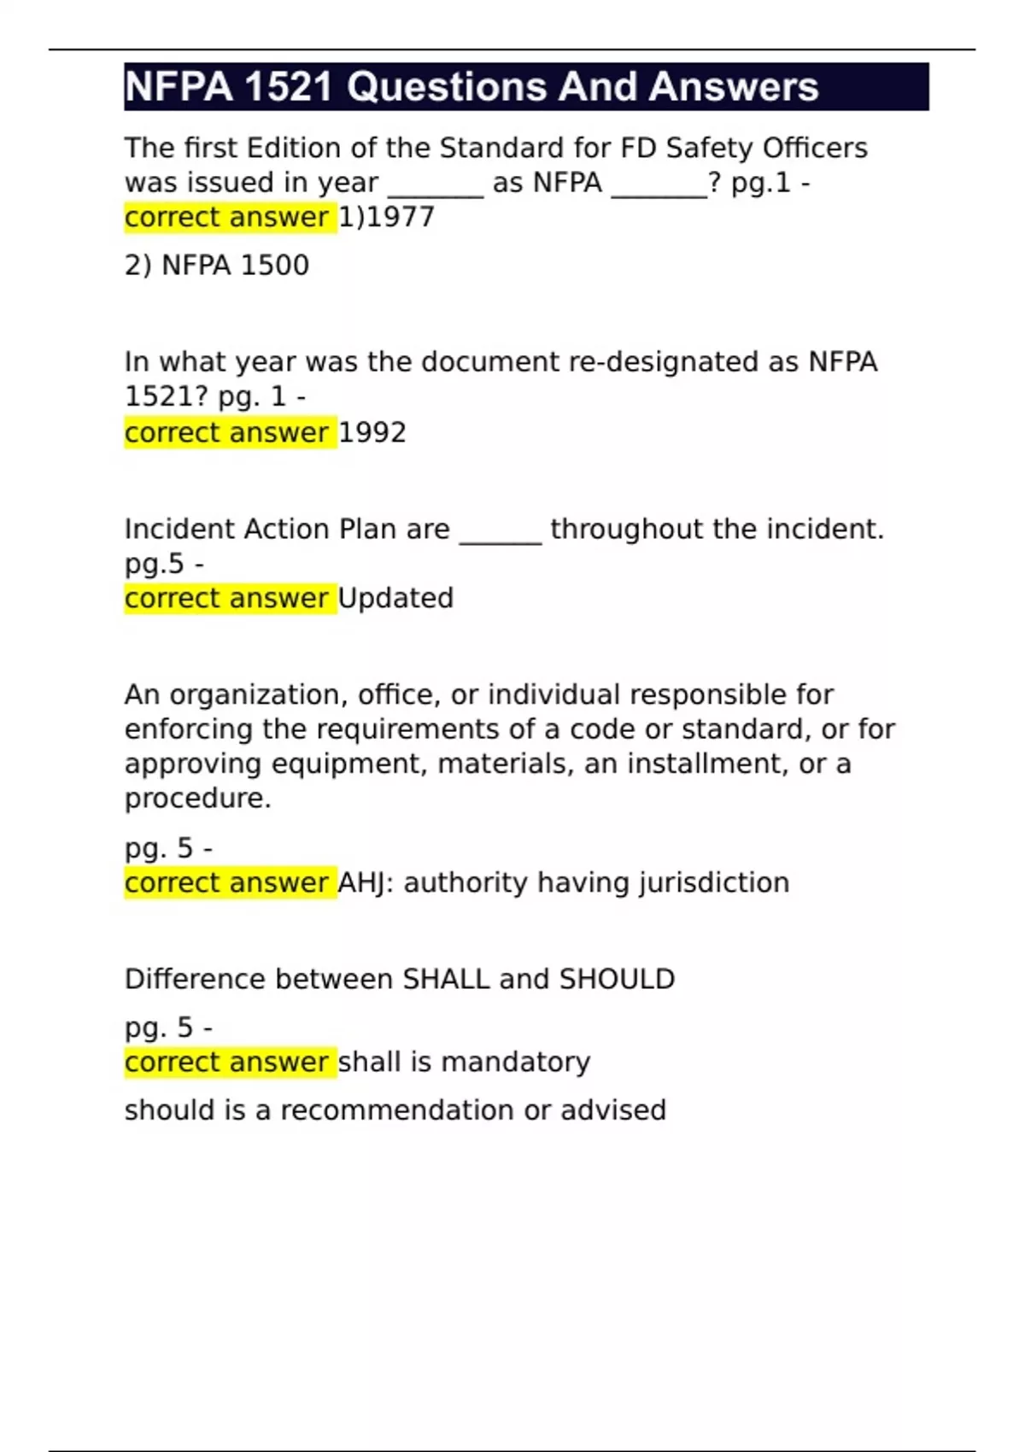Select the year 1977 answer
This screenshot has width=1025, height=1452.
pyautogui.click(x=400, y=217)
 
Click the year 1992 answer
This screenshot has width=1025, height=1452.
pyautogui.click(x=372, y=433)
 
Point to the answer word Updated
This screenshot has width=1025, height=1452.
pyautogui.click(x=395, y=598)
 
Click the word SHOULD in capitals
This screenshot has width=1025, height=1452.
pyautogui.click(x=617, y=979)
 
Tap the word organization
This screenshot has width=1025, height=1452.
pyautogui.click(x=255, y=695)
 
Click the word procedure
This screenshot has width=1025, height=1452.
pyautogui.click(x=197, y=799)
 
